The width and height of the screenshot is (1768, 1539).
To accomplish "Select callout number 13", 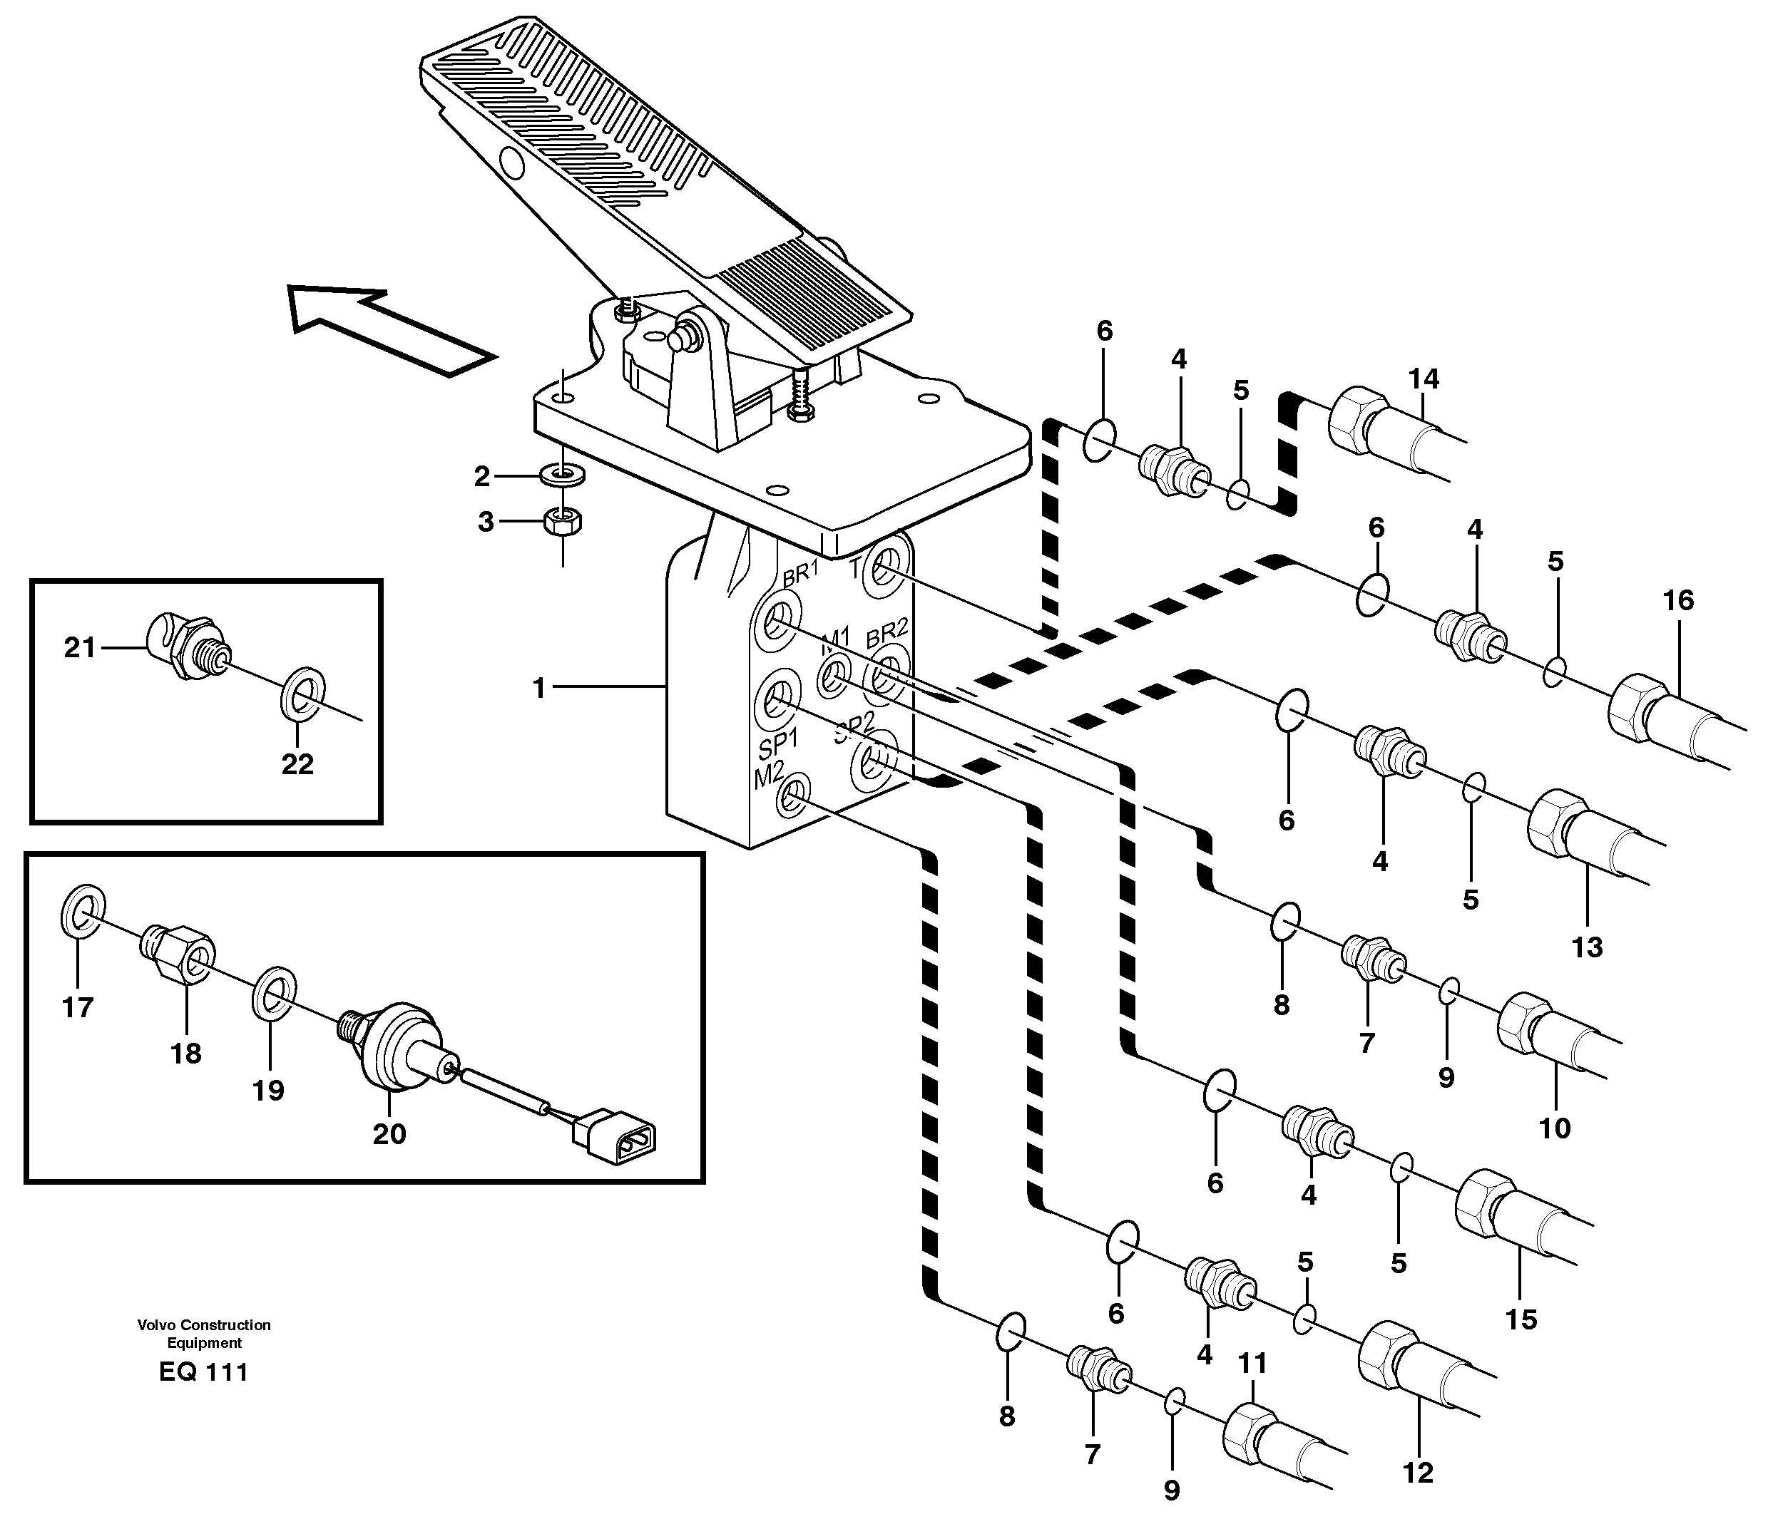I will coord(1587,948).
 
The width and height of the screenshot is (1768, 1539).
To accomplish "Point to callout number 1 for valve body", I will coord(539,688).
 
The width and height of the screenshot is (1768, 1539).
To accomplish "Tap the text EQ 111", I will coord(203,1372).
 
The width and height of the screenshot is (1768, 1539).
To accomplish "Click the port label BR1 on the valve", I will coord(799,574).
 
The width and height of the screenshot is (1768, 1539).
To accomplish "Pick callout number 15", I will coord(1521,1320).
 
